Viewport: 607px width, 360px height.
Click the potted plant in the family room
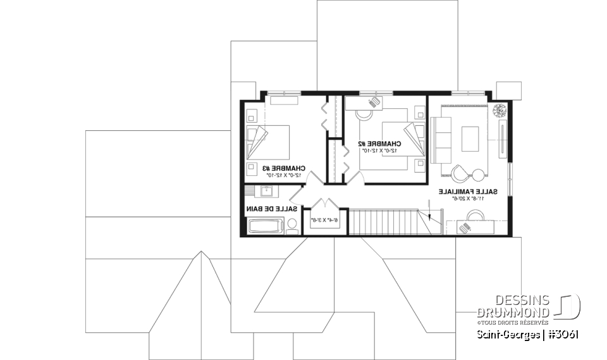click(x=499, y=109)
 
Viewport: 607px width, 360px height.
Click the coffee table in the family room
click(x=470, y=139)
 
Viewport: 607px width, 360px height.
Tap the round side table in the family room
click(x=479, y=175)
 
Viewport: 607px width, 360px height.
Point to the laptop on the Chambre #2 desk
click(x=375, y=101)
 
